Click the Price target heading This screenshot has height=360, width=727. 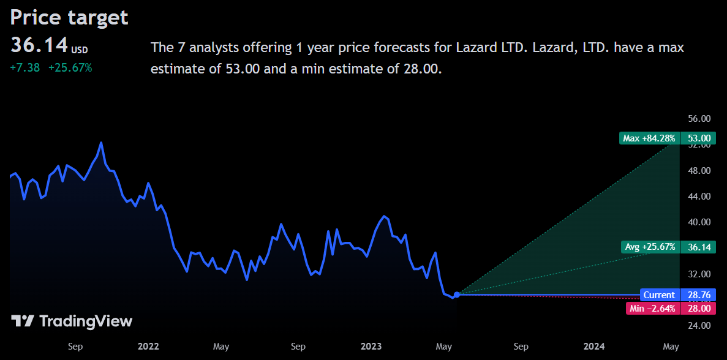(x=69, y=17)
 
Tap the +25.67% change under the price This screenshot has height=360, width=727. (x=70, y=67)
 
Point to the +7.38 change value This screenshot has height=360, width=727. (x=25, y=67)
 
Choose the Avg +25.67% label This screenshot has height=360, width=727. (x=650, y=247)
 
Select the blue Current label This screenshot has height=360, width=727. (x=659, y=295)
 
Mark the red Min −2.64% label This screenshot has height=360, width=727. (x=652, y=308)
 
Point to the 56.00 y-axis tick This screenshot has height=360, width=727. (x=698, y=119)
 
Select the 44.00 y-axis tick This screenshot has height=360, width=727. (x=698, y=196)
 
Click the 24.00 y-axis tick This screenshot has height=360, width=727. (x=698, y=325)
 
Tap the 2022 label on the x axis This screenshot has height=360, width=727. (x=148, y=347)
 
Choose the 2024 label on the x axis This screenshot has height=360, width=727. (x=594, y=347)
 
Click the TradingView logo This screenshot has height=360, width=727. (x=72, y=321)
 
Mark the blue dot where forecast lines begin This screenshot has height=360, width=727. (x=456, y=294)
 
